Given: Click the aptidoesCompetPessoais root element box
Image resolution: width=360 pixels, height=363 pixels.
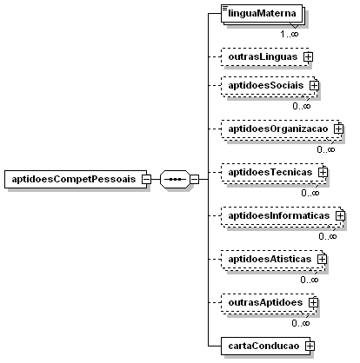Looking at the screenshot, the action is (76, 179).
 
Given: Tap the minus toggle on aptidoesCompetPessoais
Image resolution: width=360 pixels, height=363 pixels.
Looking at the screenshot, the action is (146, 180).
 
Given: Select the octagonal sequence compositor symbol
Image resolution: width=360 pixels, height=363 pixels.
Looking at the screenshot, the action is (175, 179).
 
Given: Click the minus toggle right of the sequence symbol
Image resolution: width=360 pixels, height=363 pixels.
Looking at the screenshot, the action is (195, 180).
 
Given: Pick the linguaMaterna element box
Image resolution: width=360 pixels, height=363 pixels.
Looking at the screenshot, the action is (262, 13).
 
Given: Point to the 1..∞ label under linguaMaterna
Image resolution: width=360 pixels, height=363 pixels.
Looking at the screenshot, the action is (290, 34).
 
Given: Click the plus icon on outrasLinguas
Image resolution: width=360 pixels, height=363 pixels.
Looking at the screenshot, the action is (308, 56).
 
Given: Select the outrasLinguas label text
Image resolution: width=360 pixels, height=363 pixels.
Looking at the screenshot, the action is (263, 56).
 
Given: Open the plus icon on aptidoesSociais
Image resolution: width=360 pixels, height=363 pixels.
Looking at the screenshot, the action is (314, 86).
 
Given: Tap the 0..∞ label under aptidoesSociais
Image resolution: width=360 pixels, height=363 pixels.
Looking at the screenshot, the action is (302, 106).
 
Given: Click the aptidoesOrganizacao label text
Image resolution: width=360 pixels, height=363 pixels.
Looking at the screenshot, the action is (278, 129).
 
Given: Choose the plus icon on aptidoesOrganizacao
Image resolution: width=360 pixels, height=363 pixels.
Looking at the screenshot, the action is (338, 129).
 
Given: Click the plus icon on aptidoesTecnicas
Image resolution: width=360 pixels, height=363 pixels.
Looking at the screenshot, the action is (323, 173).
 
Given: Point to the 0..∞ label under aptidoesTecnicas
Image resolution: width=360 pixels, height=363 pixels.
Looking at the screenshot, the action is (310, 193).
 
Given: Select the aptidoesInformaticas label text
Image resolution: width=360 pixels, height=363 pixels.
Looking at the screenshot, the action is (279, 216).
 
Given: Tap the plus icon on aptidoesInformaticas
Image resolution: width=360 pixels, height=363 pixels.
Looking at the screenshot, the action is (340, 216).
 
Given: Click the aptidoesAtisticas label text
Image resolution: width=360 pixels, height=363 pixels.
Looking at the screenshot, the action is (270, 260).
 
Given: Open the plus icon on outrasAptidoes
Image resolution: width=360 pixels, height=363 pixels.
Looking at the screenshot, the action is (313, 303).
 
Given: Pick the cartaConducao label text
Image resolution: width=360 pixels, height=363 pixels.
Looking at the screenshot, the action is (263, 346).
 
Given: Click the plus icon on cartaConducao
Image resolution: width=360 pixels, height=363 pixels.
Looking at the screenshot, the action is (310, 346).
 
